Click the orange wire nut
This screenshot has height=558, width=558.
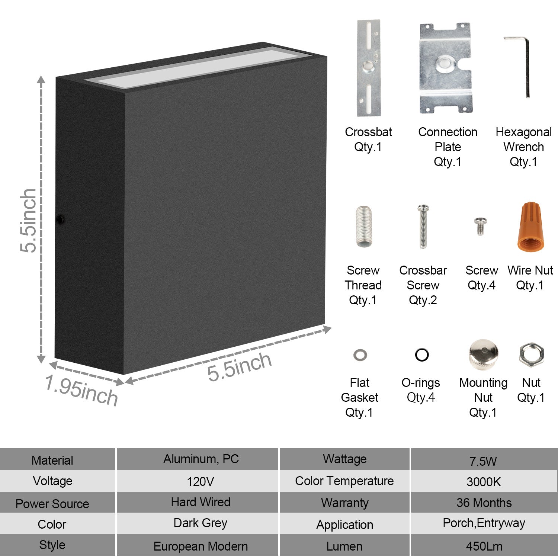(531, 228)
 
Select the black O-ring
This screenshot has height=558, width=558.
(422, 355)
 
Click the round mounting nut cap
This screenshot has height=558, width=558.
(483, 354)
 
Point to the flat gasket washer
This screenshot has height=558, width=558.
(360, 355)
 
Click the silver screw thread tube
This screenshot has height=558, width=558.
(363, 226)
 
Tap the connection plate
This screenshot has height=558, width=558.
(445, 68)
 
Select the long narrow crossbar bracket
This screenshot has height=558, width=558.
(368, 68)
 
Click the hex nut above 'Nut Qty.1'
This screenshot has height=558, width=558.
(531, 354)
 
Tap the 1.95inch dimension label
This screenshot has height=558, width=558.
(81, 390)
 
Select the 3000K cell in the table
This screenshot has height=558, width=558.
(484, 482)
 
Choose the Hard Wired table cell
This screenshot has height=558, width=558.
(201, 502)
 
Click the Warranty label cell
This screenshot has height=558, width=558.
(344, 503)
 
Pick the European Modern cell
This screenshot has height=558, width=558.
(201, 546)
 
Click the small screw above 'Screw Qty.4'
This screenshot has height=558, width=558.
(480, 226)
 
